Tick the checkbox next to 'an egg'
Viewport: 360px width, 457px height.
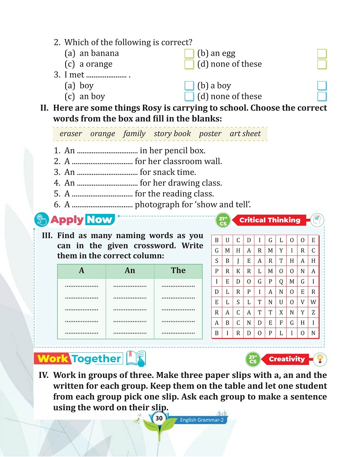[x=322, y=54]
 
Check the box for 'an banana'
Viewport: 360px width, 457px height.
[x=189, y=54]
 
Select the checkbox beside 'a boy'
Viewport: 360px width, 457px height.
[x=322, y=86]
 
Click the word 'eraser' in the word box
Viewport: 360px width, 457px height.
[x=71, y=134]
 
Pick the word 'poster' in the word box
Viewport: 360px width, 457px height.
[x=210, y=134]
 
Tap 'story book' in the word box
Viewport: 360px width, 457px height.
[x=172, y=134]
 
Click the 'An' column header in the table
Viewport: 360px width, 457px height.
[x=129, y=271]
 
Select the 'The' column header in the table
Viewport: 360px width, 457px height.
[x=178, y=271]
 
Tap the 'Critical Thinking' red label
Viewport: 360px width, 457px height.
[x=270, y=220]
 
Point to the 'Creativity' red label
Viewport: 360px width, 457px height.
[x=286, y=359]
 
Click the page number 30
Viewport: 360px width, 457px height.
[x=159, y=418]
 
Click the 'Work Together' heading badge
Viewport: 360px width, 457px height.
[x=80, y=359]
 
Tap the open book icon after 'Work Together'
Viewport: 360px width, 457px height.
[x=136, y=359]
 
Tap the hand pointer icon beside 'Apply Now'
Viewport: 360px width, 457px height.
[x=41, y=220]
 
